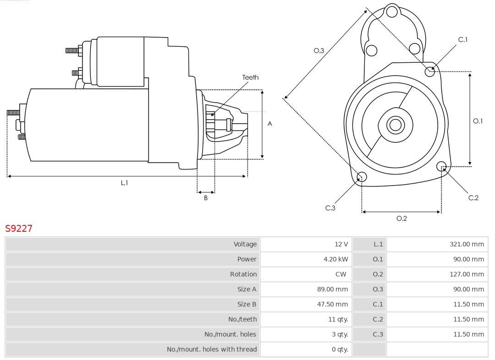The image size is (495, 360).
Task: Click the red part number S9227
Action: point(19,228)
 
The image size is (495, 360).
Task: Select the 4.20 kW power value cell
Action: point(335,259)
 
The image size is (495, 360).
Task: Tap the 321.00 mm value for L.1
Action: point(467,244)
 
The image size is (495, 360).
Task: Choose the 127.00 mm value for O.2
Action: point(467,274)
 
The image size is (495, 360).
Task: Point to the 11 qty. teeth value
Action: point(338,319)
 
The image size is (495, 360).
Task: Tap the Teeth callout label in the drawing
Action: point(250,77)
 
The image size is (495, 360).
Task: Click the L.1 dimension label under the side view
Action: point(124,183)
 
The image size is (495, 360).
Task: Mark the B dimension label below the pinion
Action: point(206,198)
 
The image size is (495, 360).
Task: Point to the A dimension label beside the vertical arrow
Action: point(270,124)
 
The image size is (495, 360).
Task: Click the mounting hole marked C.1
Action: point(430,71)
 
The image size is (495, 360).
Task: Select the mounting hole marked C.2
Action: point(441,166)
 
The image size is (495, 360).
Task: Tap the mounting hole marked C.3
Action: point(362,177)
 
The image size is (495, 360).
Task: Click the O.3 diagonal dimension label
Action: point(319,50)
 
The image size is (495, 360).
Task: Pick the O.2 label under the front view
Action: point(401,218)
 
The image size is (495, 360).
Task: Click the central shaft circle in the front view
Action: point(395,125)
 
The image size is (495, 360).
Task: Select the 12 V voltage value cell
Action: point(341,244)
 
